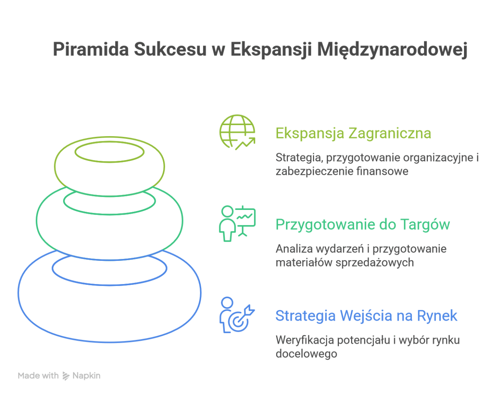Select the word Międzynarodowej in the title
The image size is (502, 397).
[392, 50]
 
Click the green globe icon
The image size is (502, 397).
[237, 132]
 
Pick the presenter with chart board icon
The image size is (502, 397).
[237, 223]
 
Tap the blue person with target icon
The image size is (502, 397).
[236, 315]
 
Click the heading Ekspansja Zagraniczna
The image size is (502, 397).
[353, 133]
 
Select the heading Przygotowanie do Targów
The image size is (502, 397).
[362, 224]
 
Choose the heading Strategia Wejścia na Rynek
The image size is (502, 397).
[366, 316]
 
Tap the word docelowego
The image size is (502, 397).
[306, 354]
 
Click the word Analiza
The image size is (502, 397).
[294, 249]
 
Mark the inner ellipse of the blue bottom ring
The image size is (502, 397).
[109, 269]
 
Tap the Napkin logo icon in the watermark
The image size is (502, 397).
[66, 376]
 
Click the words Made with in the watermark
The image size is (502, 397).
[38, 376]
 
